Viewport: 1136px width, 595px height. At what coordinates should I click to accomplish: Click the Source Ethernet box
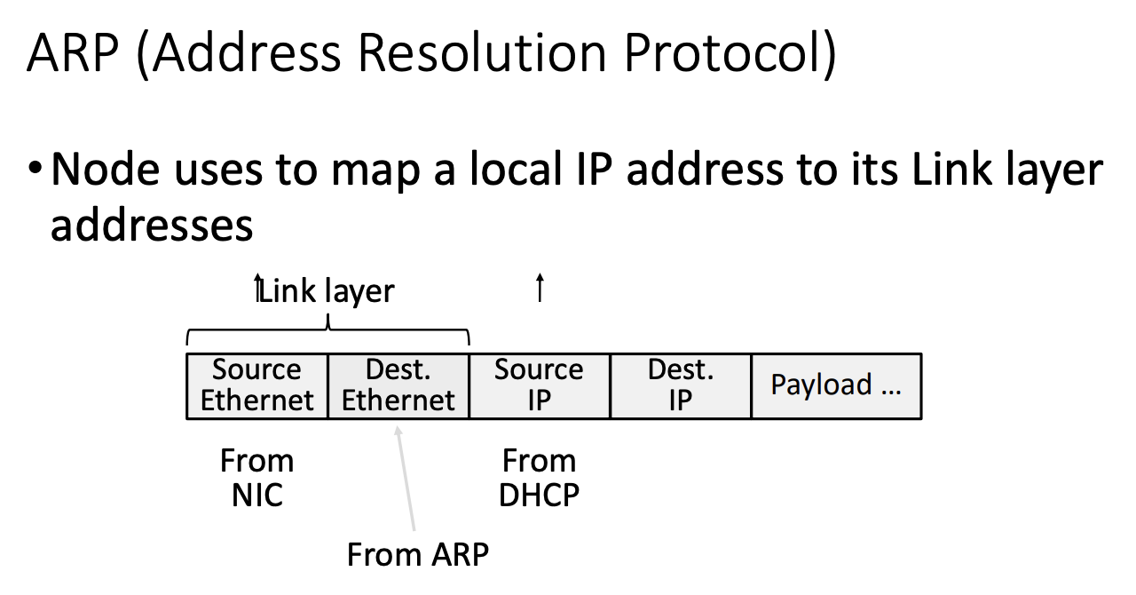[257, 385]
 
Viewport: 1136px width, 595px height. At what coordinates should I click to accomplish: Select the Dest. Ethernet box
[398, 385]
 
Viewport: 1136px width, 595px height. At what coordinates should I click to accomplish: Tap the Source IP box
[540, 385]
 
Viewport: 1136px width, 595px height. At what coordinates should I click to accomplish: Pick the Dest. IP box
[681, 385]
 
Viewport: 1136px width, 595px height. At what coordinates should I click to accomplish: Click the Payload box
[837, 385]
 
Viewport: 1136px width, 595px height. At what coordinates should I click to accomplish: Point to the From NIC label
[257, 478]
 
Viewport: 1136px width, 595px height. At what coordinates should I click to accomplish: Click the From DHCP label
[539, 478]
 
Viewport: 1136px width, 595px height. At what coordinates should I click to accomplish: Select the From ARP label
[418, 554]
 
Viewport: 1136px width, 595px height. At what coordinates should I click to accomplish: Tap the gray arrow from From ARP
[406, 479]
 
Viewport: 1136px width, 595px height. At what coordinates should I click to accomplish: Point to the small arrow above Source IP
[540, 288]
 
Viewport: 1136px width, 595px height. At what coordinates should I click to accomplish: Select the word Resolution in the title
[482, 52]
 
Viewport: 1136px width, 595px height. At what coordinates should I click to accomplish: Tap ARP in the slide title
[73, 52]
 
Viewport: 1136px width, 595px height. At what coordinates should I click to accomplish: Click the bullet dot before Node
[35, 168]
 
